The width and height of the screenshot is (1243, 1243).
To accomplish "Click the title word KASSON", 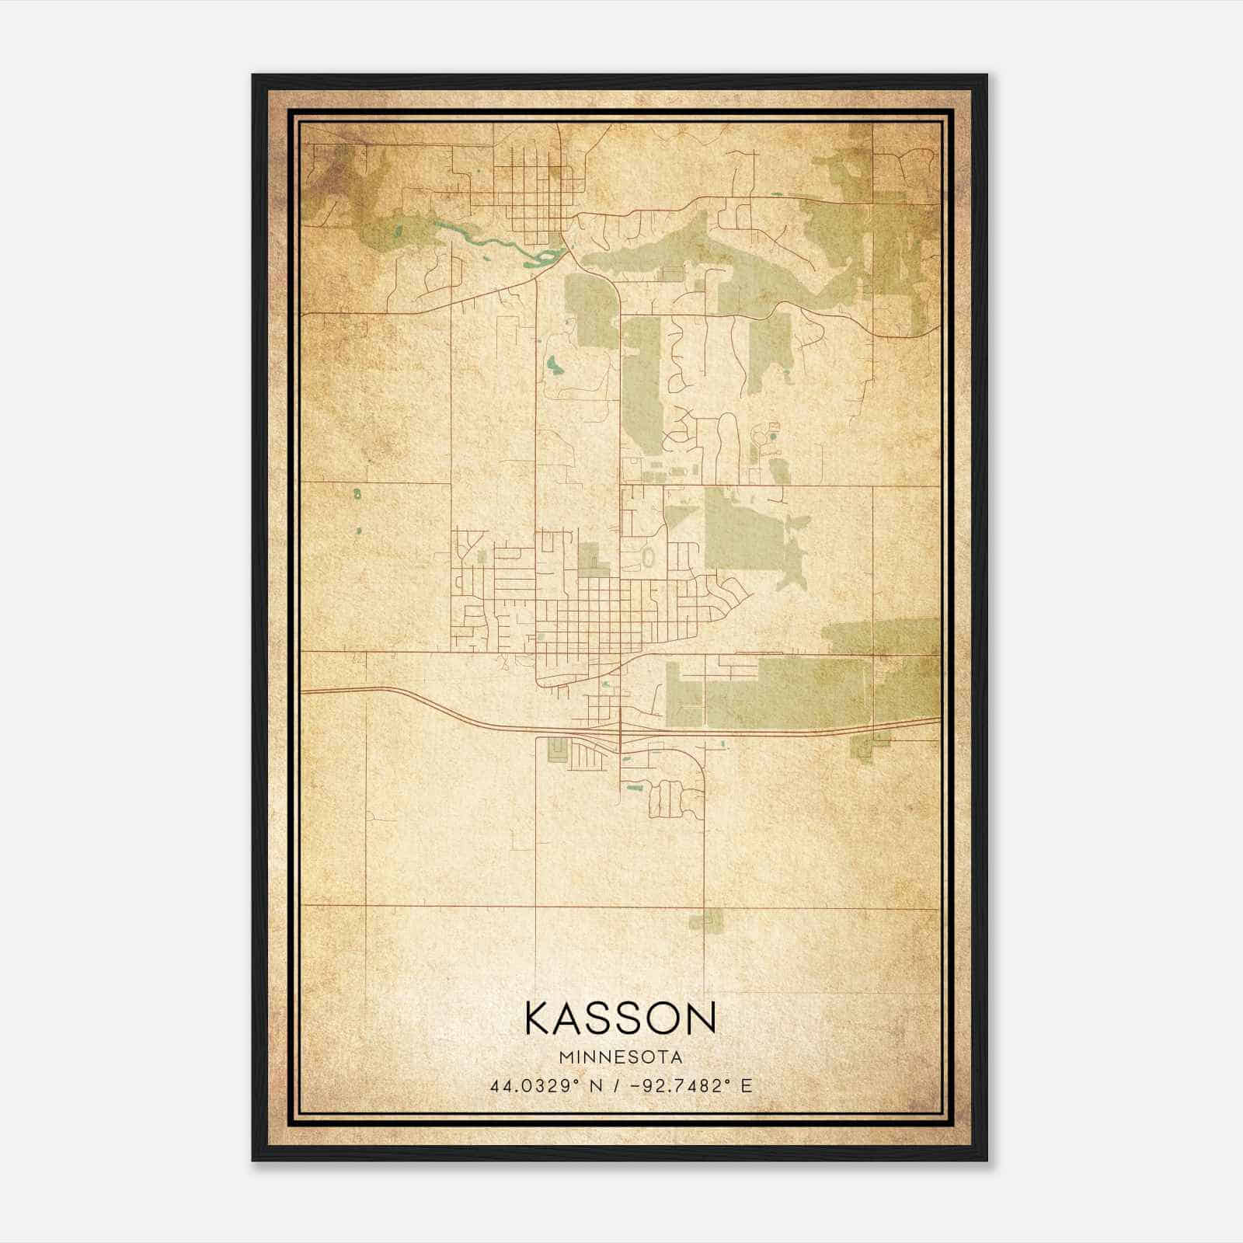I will (620, 1018).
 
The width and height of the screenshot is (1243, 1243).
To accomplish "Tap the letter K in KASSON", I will (539, 1018).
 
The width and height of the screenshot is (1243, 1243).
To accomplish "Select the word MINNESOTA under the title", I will (621, 1057).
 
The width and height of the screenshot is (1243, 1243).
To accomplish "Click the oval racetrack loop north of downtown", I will (648, 557).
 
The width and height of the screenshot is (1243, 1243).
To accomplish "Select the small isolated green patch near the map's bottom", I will (705, 921).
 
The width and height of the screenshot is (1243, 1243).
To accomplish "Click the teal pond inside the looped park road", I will (553, 364).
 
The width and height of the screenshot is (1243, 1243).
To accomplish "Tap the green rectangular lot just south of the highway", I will (557, 750).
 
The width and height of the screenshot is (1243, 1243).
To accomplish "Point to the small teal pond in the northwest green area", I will (398, 231).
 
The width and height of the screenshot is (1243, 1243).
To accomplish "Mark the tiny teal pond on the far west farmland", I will (357, 493).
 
